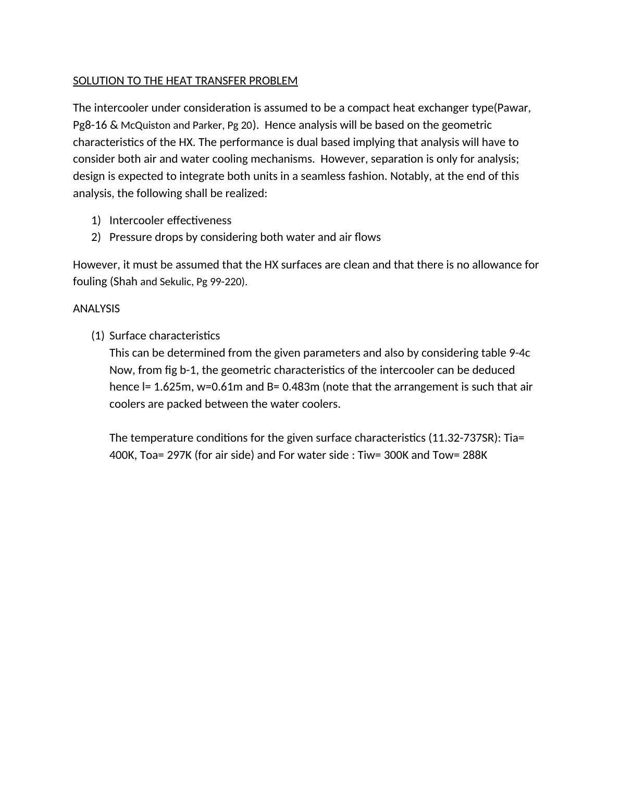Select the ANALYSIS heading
click(x=96, y=309)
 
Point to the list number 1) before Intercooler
click(x=96, y=221)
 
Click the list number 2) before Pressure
click(x=96, y=237)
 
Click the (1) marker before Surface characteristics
click(x=98, y=336)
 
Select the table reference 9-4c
click(x=519, y=353)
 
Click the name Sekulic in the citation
click(x=176, y=282)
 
